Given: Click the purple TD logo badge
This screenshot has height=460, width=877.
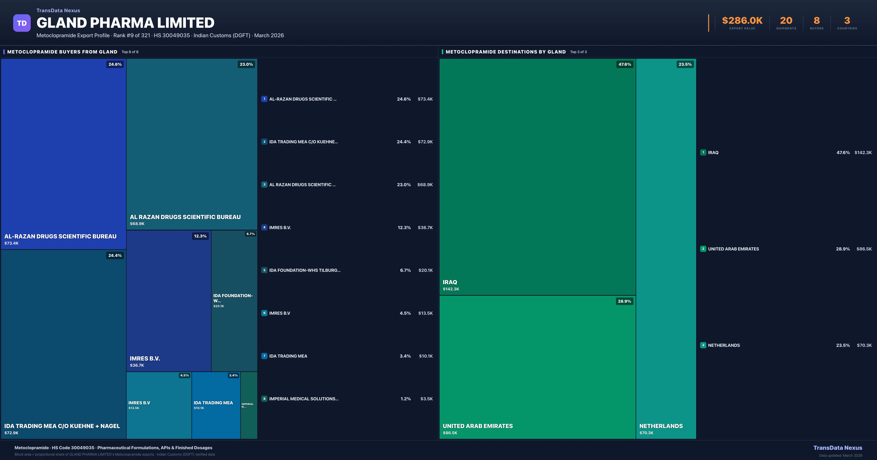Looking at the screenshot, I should click(22, 23).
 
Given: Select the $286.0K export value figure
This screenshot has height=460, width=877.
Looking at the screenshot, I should click(742, 21).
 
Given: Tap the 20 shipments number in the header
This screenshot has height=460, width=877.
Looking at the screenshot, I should click(786, 21).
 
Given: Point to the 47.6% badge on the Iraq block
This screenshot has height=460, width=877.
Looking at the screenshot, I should click(625, 64).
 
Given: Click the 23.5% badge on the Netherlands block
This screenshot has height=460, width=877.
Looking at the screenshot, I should click(685, 64).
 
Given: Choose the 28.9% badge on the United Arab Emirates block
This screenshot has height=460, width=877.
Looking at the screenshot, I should click(624, 301).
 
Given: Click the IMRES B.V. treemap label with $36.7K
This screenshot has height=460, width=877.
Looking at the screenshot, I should click(145, 359).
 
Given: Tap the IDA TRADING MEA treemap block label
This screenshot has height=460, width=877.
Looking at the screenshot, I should click(213, 403).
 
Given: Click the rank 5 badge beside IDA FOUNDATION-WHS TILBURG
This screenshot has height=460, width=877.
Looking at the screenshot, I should click(264, 270).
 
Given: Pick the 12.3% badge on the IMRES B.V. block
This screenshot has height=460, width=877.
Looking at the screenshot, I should click(200, 236).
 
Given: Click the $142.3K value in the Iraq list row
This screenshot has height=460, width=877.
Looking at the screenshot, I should click(863, 152).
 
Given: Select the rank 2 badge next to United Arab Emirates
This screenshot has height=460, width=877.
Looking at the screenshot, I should click(703, 249).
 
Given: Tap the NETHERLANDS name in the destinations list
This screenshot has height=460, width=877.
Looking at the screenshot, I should click(724, 345).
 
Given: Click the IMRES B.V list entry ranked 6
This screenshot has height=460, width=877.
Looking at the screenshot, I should click(280, 313).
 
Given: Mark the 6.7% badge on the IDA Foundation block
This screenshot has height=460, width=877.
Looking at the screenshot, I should click(250, 234).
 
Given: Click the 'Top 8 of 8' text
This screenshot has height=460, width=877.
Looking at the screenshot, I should click(130, 52).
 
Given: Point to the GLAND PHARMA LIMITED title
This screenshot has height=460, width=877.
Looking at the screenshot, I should click(125, 23).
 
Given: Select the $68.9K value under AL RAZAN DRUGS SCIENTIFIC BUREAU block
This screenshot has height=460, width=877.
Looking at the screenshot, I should click(137, 224).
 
